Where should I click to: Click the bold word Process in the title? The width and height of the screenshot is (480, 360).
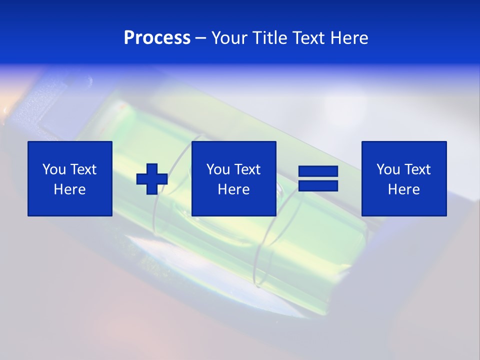pyautogui.click(x=157, y=38)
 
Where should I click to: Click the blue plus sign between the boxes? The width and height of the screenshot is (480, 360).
pyautogui.click(x=152, y=179)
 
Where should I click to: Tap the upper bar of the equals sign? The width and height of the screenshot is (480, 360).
pyautogui.click(x=318, y=171)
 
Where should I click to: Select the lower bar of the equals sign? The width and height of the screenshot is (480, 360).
pyautogui.click(x=318, y=186)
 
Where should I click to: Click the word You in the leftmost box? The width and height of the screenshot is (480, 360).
pyautogui.click(x=54, y=169)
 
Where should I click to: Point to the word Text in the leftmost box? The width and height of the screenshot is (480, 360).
pyautogui.click(x=83, y=169)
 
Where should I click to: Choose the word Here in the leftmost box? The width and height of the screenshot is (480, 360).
pyautogui.click(x=69, y=189)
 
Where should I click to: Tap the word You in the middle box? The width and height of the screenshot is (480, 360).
pyautogui.click(x=218, y=169)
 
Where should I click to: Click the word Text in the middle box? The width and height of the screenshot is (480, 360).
pyautogui.click(x=247, y=169)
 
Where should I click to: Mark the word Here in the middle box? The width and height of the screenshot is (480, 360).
pyautogui.click(x=233, y=189)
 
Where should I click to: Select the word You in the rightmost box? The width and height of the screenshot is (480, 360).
pyautogui.click(x=388, y=169)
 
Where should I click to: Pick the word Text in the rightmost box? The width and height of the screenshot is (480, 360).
pyautogui.click(x=417, y=169)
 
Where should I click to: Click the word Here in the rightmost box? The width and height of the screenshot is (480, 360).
pyautogui.click(x=403, y=189)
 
